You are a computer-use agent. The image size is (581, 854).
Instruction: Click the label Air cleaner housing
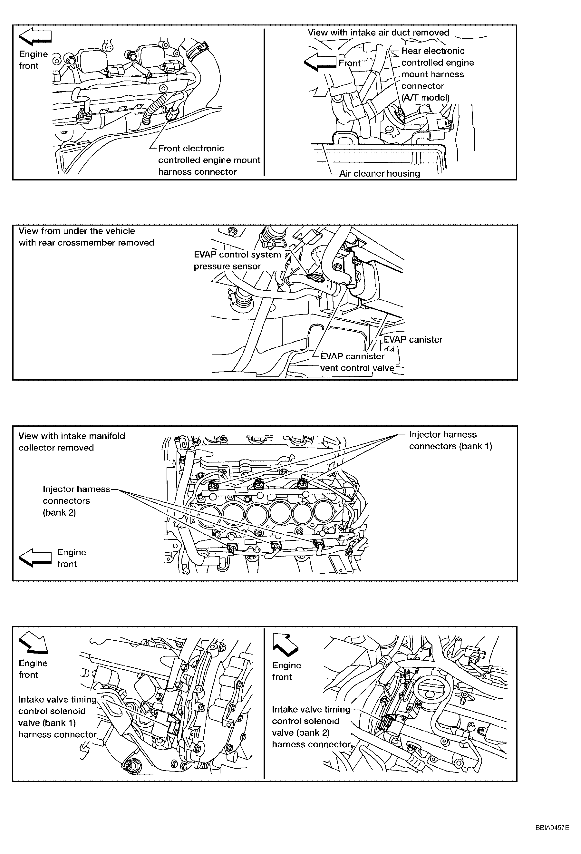coord(379,173)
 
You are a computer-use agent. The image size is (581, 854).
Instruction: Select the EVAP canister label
coord(413,340)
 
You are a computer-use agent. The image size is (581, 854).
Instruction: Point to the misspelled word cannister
coord(365,356)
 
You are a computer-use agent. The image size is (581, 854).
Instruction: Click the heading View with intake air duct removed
coord(379,33)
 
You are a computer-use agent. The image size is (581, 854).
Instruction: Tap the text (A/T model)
coord(425,98)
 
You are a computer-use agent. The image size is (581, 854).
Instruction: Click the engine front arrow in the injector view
coord(35,558)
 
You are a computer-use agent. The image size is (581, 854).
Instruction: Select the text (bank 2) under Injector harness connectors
coord(59,512)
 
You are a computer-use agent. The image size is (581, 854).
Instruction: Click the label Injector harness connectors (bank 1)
coord(450,440)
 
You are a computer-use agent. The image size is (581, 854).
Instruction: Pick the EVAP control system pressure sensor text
coord(237,260)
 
